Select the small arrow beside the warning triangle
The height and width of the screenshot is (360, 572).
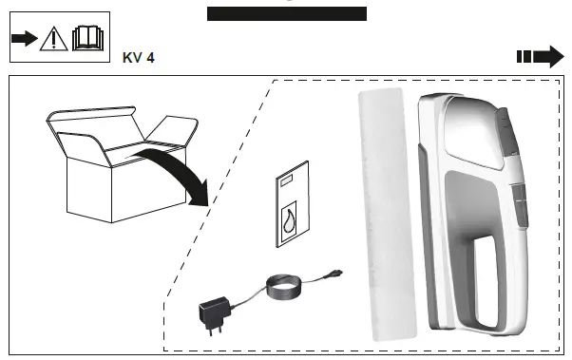tap(23, 39)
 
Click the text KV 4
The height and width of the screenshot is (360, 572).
tap(139, 58)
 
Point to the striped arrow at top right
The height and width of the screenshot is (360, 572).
tap(540, 56)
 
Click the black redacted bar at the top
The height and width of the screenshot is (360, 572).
tap(286, 13)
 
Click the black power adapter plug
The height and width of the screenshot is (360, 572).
tap(211, 312)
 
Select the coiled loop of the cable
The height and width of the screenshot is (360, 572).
tap(281, 286)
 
